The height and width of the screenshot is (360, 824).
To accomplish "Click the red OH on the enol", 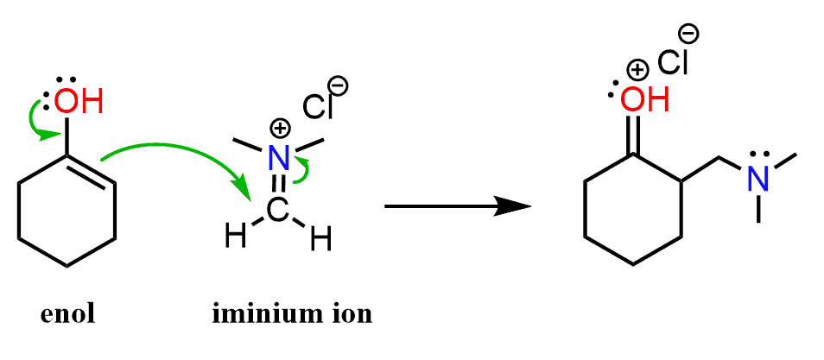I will click(79, 102).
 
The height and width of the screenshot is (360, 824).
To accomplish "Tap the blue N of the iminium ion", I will click(277, 158).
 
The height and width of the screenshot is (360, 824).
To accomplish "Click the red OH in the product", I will click(644, 99).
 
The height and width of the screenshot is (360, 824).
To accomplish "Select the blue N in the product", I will click(757, 179).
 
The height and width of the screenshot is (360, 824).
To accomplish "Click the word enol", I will click(68, 313).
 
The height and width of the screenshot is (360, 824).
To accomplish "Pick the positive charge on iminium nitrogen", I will click(279, 129).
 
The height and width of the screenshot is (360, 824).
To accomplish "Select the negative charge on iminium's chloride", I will click(339, 85).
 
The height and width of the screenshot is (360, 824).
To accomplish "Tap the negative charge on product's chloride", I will click(690, 34).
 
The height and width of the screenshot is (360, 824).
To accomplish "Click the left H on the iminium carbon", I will click(228, 233).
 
